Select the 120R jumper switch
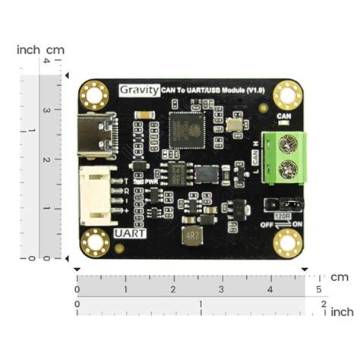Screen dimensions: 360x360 [282, 204]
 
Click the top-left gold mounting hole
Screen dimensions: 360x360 [96, 95]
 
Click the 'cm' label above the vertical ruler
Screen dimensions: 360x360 [56, 49]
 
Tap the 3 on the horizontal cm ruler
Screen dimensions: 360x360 [221, 290]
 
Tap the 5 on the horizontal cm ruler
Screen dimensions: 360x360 [318, 290]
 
